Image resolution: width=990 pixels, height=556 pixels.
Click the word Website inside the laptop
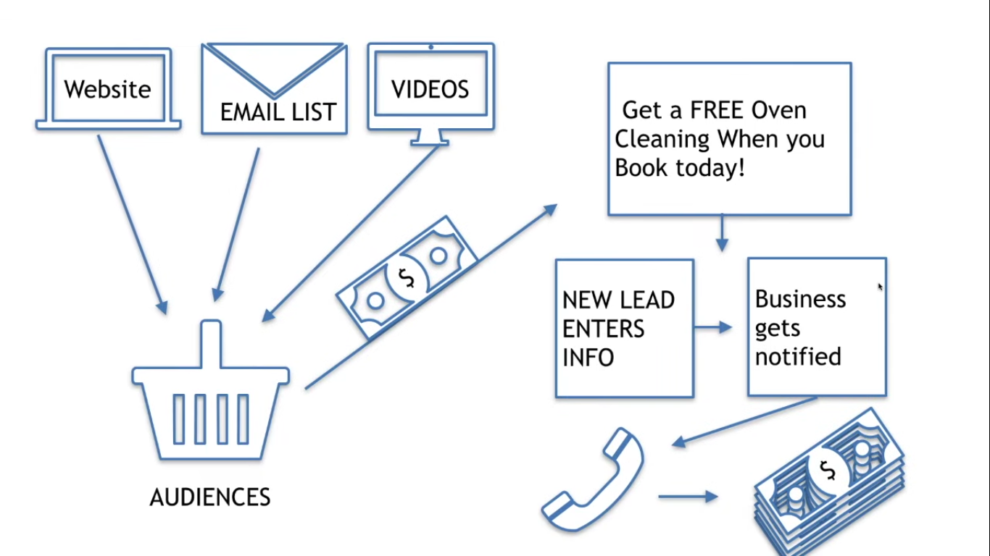point(107,90)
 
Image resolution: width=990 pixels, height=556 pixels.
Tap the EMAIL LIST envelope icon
point(274,88)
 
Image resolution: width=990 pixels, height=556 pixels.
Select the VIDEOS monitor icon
point(430,89)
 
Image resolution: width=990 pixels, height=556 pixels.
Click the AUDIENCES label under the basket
point(210,497)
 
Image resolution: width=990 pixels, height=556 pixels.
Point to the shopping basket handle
point(211,344)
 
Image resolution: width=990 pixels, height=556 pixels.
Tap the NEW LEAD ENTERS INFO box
point(624,328)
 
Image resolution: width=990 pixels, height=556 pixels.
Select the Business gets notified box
point(816,327)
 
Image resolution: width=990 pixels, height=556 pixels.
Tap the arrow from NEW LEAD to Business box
point(713,327)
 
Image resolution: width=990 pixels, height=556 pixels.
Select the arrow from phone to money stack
point(688,497)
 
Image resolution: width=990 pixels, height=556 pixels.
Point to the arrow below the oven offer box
point(722,233)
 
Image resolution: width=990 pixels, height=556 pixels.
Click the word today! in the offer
point(709,168)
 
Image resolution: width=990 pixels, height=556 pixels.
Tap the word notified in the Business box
point(798,357)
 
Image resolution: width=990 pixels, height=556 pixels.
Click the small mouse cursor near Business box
point(881,287)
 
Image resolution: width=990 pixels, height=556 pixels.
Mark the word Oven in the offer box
point(778,110)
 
